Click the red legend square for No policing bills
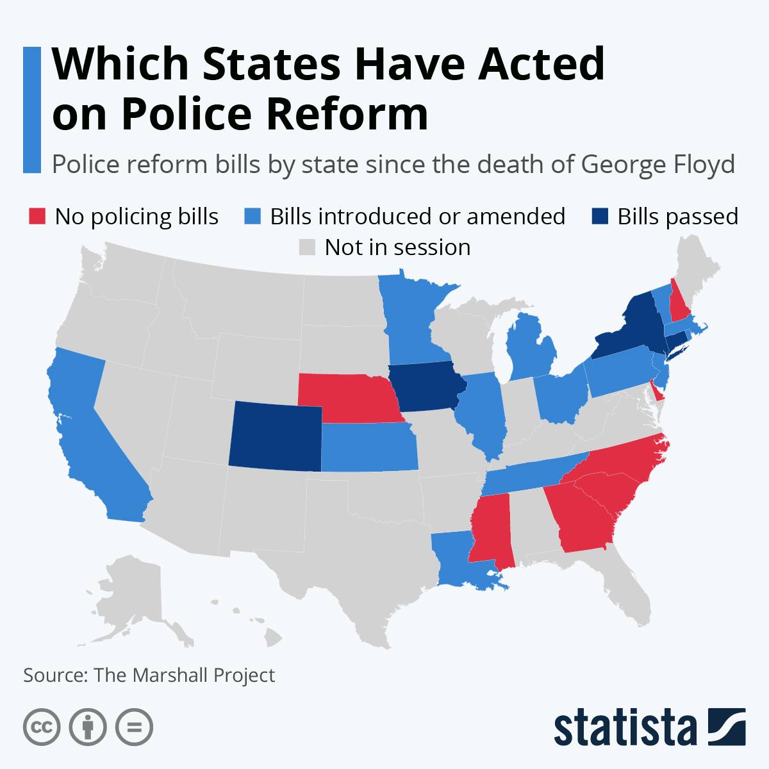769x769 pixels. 37,216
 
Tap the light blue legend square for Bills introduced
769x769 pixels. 252,216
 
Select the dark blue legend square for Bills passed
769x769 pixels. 600,216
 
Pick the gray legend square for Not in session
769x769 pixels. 307,247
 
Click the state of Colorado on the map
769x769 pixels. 276,436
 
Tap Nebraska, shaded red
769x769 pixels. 351,397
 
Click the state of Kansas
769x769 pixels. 369,447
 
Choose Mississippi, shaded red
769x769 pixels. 492,529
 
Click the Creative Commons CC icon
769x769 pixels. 42,727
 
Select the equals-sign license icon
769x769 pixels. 134,727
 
